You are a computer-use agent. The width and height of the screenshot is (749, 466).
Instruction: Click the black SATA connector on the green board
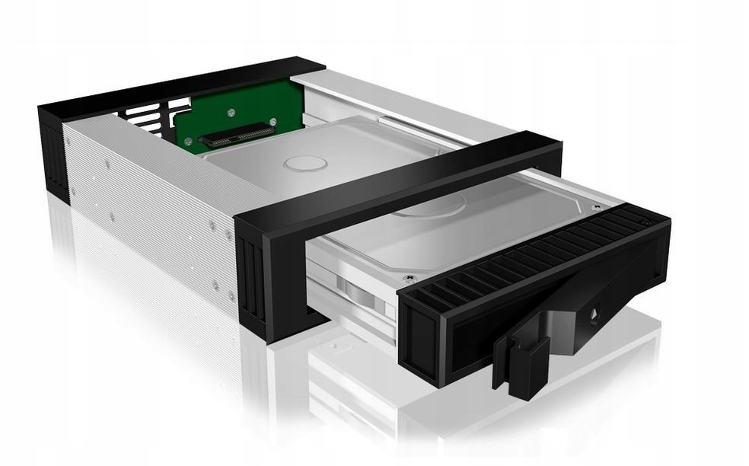pyautogui.click(x=236, y=136)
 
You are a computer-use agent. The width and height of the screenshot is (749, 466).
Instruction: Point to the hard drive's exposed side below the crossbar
pyautogui.click(x=358, y=289)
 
